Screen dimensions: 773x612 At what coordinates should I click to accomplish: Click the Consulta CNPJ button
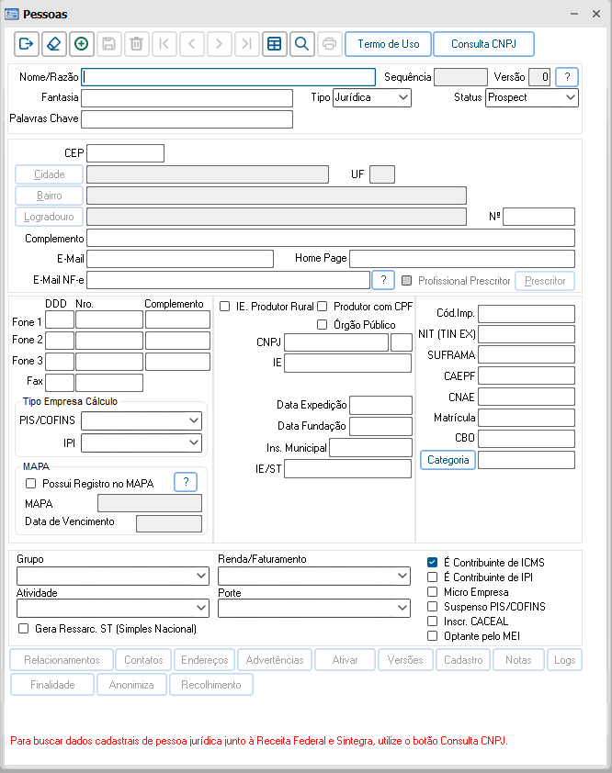click(483, 44)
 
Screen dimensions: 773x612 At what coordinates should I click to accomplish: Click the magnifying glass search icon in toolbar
click(300, 44)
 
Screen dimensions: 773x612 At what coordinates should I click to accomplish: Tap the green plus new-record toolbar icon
click(81, 44)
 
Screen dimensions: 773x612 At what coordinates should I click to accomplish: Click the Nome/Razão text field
click(229, 77)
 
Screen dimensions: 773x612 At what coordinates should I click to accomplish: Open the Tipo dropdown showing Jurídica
click(371, 97)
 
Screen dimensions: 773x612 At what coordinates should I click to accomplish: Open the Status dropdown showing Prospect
click(531, 97)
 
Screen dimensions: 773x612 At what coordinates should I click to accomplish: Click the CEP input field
click(125, 153)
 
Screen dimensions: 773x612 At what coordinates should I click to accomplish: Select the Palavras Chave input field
click(187, 118)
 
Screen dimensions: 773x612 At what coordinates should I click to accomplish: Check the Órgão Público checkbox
click(323, 324)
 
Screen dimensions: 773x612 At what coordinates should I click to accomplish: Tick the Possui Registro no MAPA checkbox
click(31, 483)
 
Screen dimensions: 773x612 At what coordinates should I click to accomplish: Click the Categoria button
click(448, 460)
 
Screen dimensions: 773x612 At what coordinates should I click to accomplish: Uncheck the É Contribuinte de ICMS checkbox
click(433, 562)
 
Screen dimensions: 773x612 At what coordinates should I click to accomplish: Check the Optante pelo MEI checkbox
click(433, 636)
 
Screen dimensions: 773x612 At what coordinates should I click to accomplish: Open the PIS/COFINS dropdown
click(142, 420)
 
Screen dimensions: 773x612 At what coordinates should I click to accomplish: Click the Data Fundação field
click(380, 426)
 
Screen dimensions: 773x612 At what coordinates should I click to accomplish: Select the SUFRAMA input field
click(526, 354)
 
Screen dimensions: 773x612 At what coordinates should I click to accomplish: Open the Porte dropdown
click(314, 608)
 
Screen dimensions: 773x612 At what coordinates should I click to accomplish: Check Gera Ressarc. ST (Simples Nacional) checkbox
click(24, 629)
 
